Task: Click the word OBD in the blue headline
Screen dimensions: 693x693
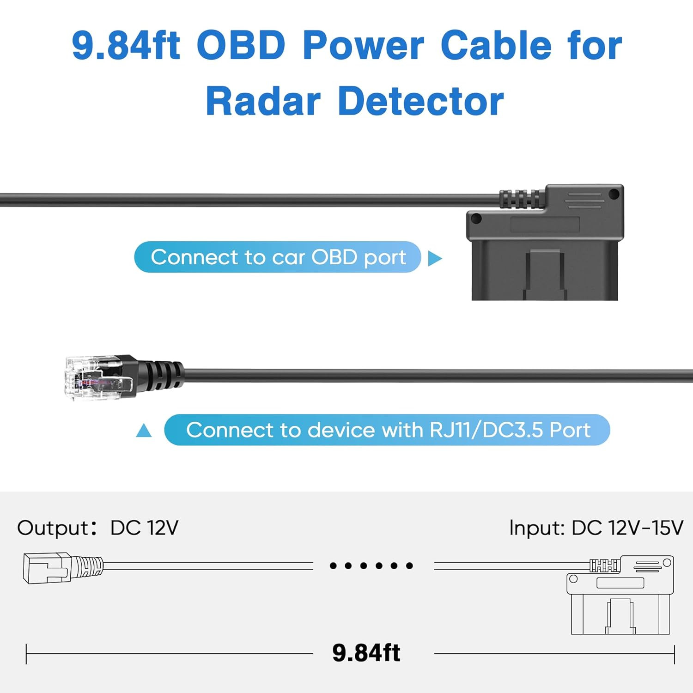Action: (241, 45)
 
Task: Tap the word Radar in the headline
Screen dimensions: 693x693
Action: (263, 101)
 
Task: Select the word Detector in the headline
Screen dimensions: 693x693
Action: (421, 101)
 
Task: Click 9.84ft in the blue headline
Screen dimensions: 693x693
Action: (126, 45)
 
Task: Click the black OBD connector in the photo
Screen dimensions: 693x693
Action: (545, 243)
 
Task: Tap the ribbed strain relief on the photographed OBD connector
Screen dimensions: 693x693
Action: (522, 199)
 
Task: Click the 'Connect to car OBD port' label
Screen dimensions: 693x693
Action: (278, 257)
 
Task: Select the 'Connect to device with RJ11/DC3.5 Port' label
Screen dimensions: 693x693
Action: (387, 430)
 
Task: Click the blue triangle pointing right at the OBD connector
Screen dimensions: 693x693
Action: (434, 259)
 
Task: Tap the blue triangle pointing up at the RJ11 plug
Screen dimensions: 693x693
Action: (144, 431)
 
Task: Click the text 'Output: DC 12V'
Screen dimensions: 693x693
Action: (97, 528)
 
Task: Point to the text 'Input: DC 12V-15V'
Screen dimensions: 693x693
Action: (596, 528)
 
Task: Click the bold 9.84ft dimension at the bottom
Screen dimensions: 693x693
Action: (366, 653)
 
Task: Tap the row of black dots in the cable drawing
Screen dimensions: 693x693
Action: (371, 565)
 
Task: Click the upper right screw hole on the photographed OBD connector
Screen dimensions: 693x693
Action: (614, 194)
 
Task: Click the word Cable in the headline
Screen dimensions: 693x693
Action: (496, 45)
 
